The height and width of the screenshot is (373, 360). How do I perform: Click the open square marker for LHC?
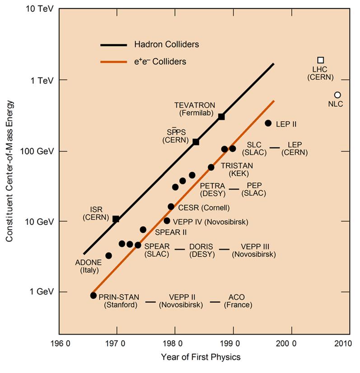[x=321, y=60]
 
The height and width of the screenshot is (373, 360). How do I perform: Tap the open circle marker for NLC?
[x=337, y=95]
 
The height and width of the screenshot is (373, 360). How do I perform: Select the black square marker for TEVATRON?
[x=221, y=117]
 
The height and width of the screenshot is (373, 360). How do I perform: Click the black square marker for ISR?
[x=116, y=219]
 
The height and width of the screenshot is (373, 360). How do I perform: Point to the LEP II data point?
[x=268, y=123]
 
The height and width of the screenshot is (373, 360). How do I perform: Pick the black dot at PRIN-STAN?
[x=94, y=295]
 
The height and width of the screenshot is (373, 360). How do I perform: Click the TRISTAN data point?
[x=211, y=167]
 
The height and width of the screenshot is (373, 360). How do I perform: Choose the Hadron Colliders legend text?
[x=167, y=44]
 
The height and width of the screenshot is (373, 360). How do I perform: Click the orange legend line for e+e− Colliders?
[x=114, y=61]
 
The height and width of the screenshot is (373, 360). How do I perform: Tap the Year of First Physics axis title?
[x=201, y=357]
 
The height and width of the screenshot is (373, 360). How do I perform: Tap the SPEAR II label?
[x=171, y=232]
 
